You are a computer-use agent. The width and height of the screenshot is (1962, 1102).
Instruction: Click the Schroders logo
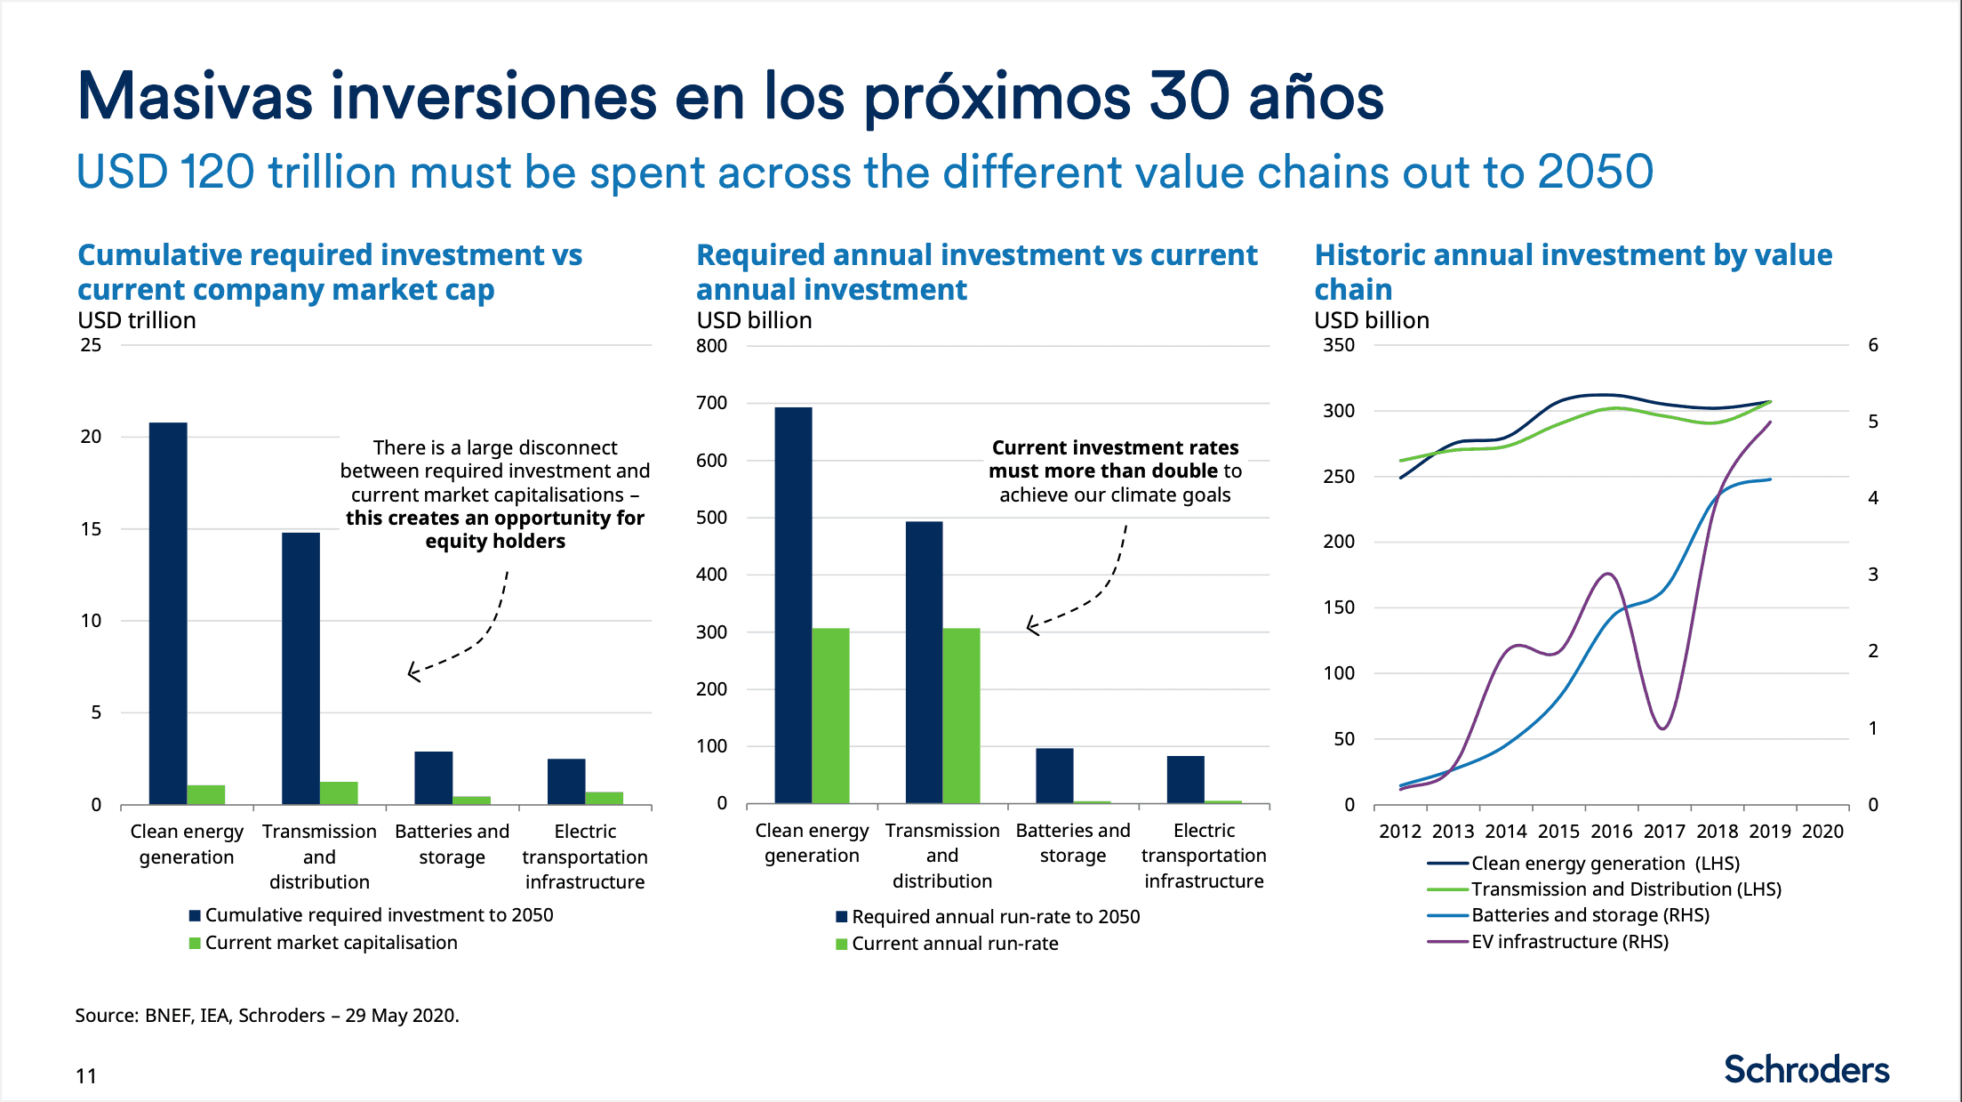click(x=1806, y=1069)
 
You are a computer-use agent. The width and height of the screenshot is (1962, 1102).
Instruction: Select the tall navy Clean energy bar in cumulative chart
click(x=168, y=614)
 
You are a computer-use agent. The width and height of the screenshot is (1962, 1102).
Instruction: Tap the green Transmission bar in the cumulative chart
click(x=339, y=793)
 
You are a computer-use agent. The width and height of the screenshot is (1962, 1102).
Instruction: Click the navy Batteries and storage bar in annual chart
click(x=1054, y=776)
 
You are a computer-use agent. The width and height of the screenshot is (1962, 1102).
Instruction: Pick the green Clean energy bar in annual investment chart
click(x=830, y=716)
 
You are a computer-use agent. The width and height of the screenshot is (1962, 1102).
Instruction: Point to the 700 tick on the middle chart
click(x=711, y=403)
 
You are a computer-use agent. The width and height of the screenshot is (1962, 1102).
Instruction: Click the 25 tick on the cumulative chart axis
click(x=91, y=345)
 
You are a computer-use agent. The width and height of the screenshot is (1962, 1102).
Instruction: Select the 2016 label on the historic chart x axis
click(x=1611, y=832)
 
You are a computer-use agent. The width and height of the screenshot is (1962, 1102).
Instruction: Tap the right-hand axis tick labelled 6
click(x=1872, y=345)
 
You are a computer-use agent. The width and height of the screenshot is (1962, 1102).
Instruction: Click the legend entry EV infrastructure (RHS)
click(x=1569, y=942)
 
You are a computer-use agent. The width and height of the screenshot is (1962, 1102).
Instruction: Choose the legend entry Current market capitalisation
click(x=331, y=943)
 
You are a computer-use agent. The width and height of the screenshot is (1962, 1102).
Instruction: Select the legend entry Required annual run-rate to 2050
click(x=995, y=917)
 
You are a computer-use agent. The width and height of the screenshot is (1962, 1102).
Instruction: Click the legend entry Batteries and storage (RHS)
click(x=1590, y=915)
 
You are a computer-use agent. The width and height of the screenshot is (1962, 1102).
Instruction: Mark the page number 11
click(x=86, y=1076)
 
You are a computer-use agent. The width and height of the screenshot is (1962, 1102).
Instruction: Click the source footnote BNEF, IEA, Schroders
click(x=267, y=1016)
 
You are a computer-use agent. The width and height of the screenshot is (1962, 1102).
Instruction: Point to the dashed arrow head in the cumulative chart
click(x=412, y=672)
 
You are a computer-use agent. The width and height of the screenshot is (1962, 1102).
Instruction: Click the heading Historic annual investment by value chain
click(x=1573, y=271)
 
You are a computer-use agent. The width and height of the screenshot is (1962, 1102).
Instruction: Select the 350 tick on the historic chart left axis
click(x=1338, y=345)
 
